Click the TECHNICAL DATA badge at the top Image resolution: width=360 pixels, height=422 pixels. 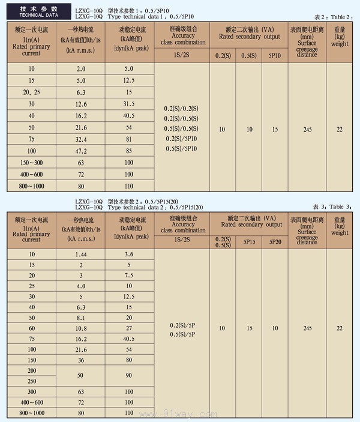click(35, 12)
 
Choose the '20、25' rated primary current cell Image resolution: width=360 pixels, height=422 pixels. click(31, 92)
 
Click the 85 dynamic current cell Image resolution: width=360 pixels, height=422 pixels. click(128, 151)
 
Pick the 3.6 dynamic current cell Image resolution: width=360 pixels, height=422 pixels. click(128, 255)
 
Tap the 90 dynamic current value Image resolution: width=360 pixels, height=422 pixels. click(128, 375)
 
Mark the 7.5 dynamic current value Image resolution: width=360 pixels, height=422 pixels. click(128, 276)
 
